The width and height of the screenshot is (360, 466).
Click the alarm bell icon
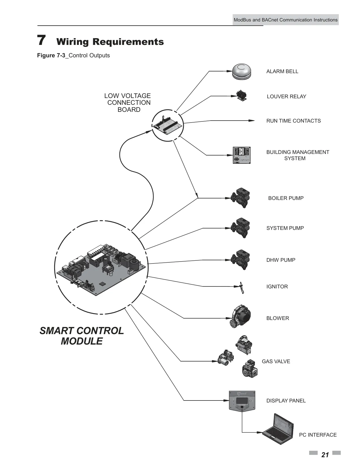point(242,72)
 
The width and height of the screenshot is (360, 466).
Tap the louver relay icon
point(242,96)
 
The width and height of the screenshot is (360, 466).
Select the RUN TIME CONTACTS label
point(294,121)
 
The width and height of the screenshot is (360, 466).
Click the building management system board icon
point(242,155)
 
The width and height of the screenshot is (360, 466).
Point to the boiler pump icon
point(240,198)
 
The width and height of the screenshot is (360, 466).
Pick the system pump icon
point(240,228)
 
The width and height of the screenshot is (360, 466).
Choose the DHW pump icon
point(240,260)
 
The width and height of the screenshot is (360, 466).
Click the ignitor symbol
point(242,288)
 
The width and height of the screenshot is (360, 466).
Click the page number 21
point(325,455)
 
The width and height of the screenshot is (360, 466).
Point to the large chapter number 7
point(41,40)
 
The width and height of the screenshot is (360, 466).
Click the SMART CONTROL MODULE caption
point(82,336)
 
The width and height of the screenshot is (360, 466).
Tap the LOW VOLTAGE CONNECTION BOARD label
point(128,103)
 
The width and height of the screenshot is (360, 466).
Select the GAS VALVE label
point(276,361)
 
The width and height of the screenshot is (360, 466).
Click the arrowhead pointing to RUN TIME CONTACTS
point(252,121)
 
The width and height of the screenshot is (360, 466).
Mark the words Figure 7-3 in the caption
point(51,55)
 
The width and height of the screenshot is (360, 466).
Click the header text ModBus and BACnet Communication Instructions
point(285,20)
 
